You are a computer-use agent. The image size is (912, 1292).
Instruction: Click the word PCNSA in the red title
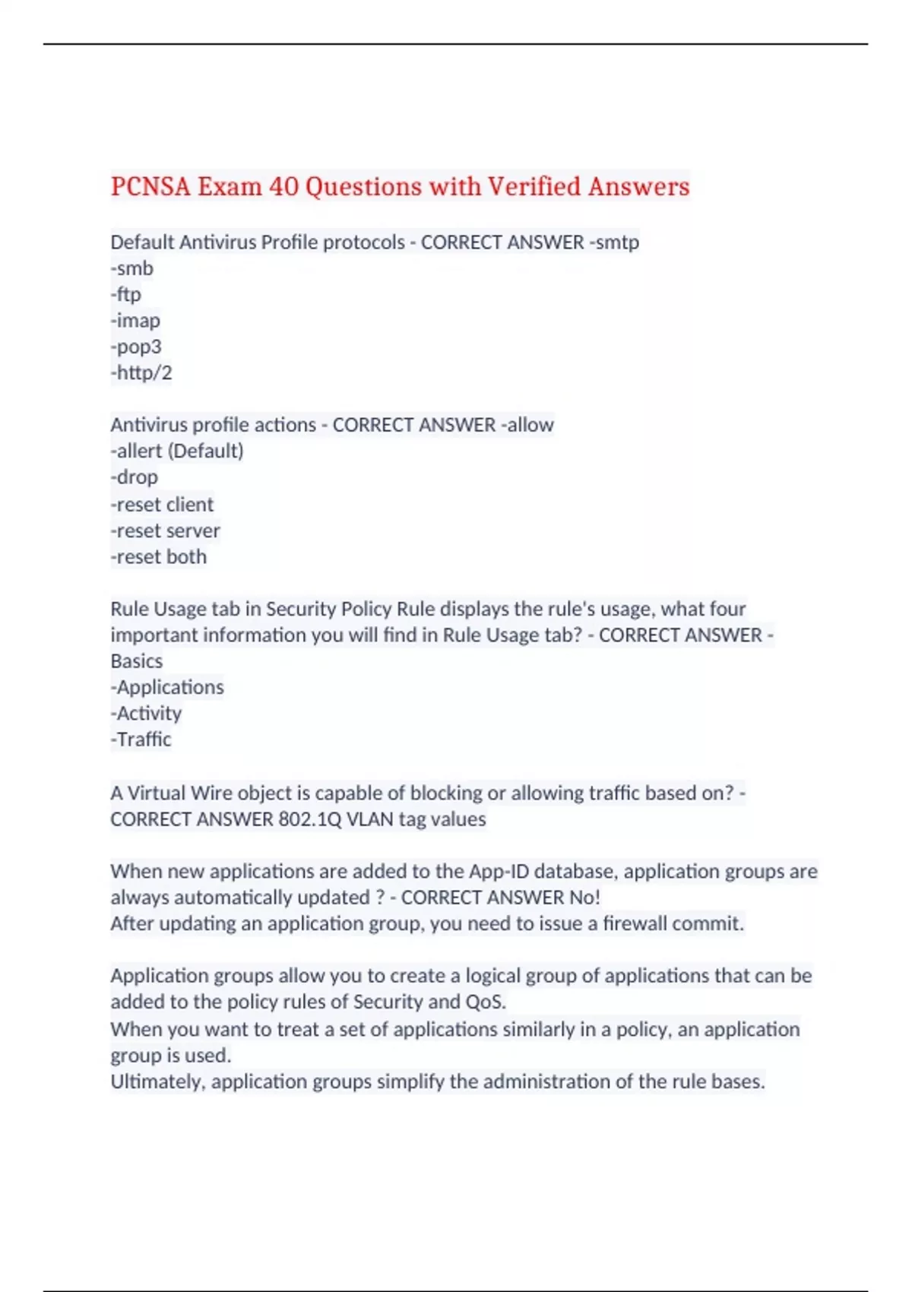pos(150,186)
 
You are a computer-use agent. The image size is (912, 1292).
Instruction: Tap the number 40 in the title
pos(283,186)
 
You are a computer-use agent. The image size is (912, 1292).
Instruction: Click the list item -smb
pos(131,268)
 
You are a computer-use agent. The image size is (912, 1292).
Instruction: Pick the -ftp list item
pos(125,294)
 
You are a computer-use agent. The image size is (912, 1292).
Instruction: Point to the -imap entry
pos(135,321)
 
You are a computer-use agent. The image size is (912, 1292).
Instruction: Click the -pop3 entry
pos(136,347)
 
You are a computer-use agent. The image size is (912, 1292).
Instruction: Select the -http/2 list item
pos(141,372)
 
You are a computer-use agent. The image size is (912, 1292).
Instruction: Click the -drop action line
pos(135,477)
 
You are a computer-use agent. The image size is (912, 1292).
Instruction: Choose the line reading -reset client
pos(162,504)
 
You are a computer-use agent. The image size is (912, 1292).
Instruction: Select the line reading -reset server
pos(165,530)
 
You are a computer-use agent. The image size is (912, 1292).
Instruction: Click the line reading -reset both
pos(158,557)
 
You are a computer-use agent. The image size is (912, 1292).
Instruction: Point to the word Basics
pos(137,661)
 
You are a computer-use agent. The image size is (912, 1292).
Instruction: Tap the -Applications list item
pos(167,687)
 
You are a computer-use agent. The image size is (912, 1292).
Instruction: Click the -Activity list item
pos(146,713)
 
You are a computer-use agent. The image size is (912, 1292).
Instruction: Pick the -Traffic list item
pos(141,739)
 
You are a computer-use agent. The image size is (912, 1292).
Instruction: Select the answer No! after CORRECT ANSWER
pos(584,898)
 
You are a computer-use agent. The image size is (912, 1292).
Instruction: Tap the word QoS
pos(484,1002)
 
